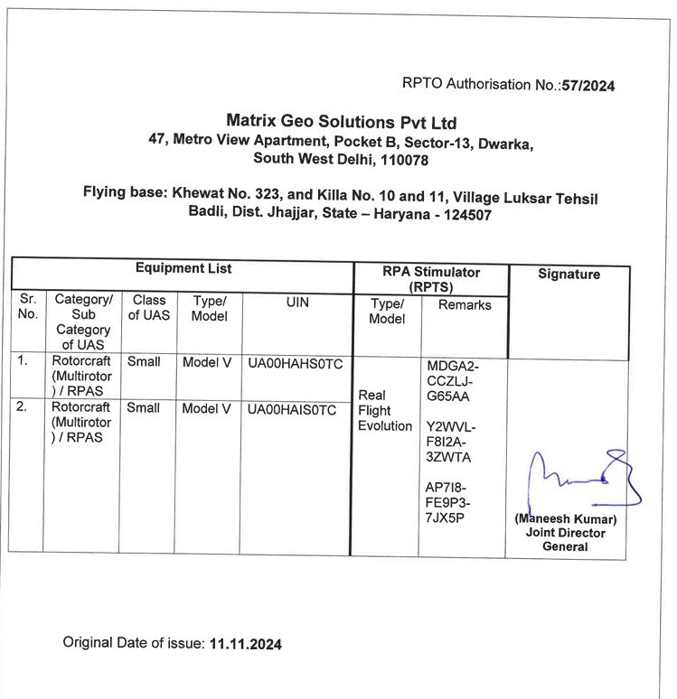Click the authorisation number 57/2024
click(588, 85)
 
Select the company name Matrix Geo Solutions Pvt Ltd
click(342, 122)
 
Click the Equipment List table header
click(183, 268)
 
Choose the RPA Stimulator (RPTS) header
click(430, 278)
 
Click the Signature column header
click(569, 274)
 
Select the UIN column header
click(297, 303)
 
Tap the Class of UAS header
click(149, 307)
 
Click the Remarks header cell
click(465, 305)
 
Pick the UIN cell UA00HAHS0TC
click(295, 363)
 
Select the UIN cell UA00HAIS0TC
click(293, 409)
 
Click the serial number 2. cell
click(24, 406)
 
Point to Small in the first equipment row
click(144, 361)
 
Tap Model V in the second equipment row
click(207, 408)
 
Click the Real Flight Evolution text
click(385, 410)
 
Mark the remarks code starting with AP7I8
click(448, 502)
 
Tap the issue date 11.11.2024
click(245, 644)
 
